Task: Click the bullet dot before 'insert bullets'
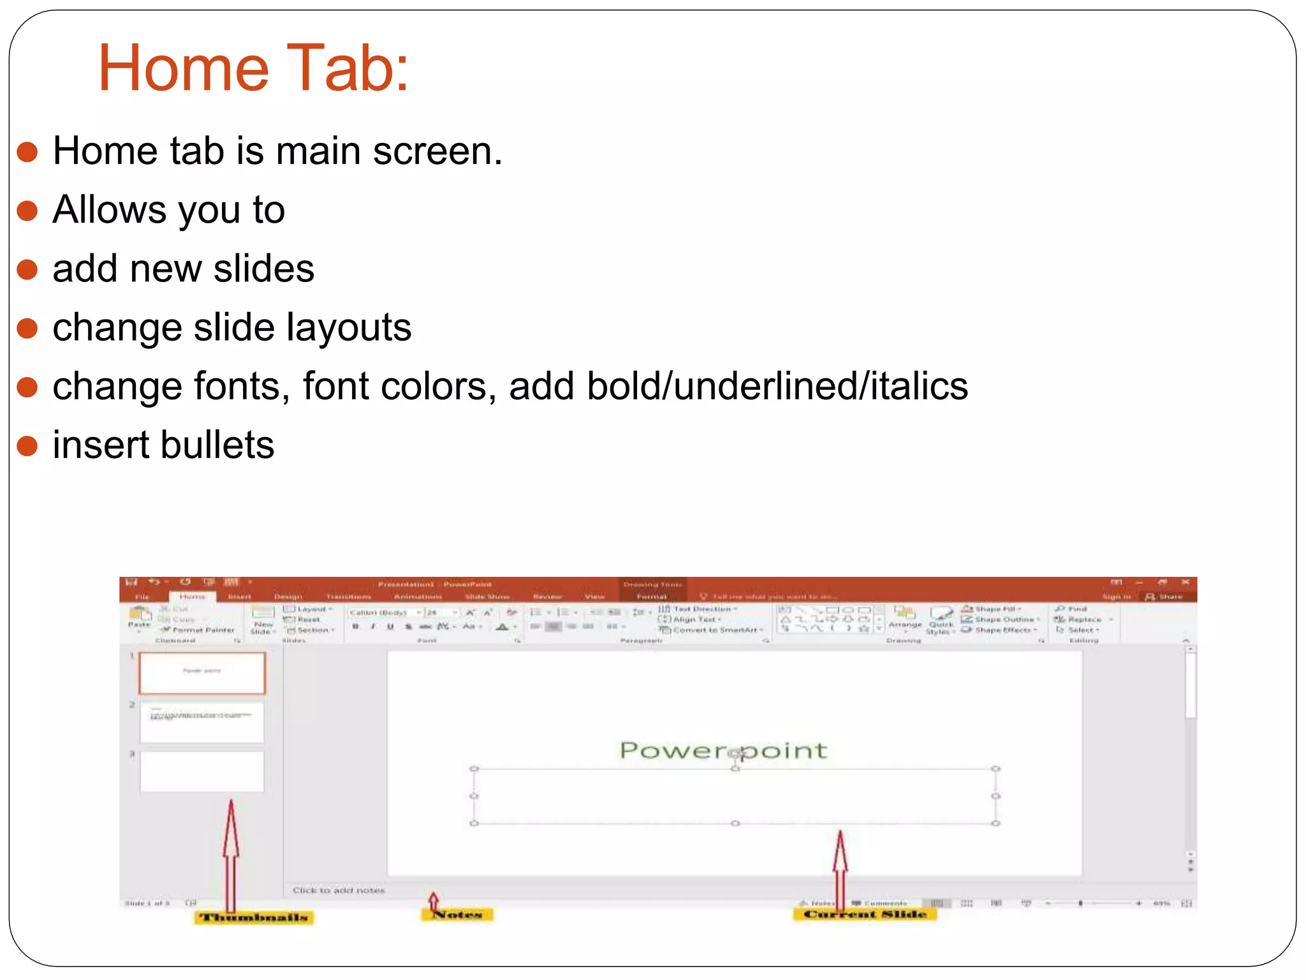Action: click(27, 445)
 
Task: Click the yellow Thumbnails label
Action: click(254, 917)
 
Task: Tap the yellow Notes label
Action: click(457, 915)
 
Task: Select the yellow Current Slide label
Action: click(865, 914)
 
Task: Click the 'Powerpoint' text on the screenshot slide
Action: click(723, 750)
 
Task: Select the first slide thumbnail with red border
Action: click(202, 672)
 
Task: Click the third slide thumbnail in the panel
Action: click(202, 771)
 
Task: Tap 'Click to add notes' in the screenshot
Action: click(339, 890)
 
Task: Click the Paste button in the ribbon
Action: click(139, 618)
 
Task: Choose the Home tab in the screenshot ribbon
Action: click(192, 597)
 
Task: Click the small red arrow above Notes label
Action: click(434, 900)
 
